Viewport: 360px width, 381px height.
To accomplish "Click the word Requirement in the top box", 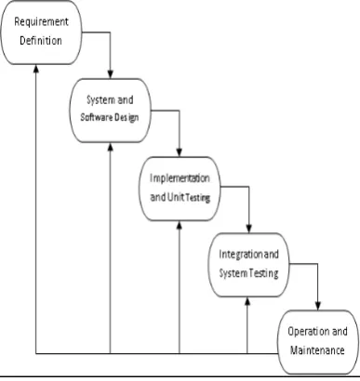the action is click(41, 22).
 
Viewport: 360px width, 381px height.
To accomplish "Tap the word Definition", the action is click(41, 40).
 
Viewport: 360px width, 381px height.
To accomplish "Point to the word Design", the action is click(127, 118).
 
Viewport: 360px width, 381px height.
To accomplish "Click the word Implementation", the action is click(180, 178).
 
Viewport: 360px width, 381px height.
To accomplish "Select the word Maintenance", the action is click(317, 350).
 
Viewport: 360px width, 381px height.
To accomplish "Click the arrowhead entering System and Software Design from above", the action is click(111, 73).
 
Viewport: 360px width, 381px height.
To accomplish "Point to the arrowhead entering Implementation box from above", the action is click(180, 152).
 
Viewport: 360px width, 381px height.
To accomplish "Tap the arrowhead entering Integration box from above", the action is click(248, 229).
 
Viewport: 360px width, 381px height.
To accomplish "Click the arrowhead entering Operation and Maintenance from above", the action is click(318, 306).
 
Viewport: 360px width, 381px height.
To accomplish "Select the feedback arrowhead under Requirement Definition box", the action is click(36, 69).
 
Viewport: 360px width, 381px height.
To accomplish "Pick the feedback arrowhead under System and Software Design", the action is click(111, 147).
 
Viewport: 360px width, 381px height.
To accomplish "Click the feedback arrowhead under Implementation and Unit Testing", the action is click(180, 225).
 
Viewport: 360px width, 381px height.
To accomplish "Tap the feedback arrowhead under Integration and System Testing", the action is click(247, 301).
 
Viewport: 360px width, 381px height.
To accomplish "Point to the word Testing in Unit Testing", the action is click(198, 198).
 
